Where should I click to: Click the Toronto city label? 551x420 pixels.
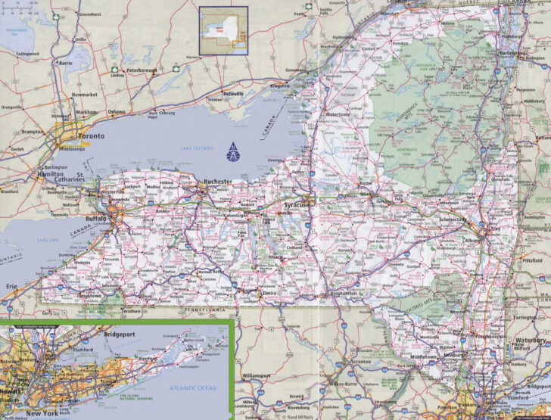point(89,136)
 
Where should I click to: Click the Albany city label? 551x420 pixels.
point(472,241)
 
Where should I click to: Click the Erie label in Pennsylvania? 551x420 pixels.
point(11,285)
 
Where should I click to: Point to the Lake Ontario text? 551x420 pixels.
point(198,148)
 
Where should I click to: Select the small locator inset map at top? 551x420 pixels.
point(223,30)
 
